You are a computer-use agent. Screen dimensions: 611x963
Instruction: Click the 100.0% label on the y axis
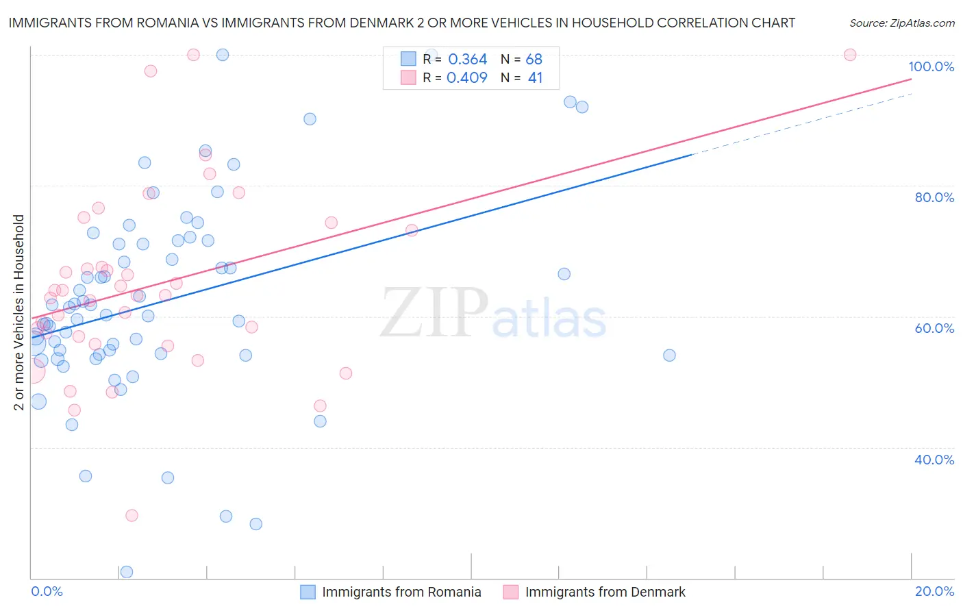click(931, 66)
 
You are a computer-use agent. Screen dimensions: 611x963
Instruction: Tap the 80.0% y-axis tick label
click(934, 197)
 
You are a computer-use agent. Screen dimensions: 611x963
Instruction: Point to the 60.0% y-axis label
click(934, 328)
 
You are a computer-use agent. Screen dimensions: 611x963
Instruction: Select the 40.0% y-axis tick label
click(934, 460)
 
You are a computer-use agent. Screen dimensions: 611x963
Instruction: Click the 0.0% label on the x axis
click(47, 591)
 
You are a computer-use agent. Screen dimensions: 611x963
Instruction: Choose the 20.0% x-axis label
click(934, 591)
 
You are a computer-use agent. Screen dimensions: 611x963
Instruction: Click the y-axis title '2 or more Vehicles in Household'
click(18, 312)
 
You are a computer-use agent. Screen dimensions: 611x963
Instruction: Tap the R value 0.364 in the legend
click(467, 60)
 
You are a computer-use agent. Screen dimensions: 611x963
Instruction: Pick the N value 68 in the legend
click(534, 60)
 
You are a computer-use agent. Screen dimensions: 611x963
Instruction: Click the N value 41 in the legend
click(535, 78)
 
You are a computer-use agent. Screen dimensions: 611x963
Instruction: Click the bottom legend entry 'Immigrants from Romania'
click(401, 592)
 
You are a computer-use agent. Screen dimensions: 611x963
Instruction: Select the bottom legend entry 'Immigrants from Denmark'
click(605, 592)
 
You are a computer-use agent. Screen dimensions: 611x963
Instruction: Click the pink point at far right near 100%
click(850, 55)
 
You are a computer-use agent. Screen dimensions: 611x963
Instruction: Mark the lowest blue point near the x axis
click(127, 572)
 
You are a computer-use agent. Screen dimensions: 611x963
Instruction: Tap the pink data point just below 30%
click(132, 515)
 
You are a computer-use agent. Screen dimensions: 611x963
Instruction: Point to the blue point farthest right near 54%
click(669, 355)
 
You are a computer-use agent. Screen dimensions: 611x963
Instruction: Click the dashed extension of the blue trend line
click(801, 124)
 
